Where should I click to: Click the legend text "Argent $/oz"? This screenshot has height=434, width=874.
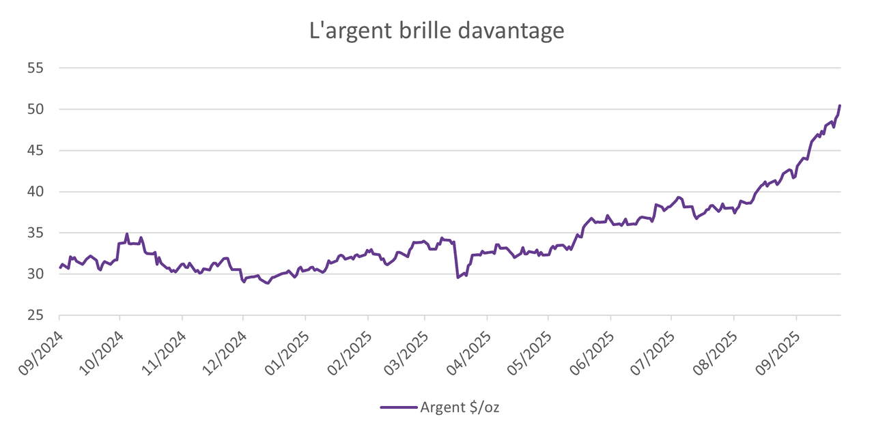coord(464,407)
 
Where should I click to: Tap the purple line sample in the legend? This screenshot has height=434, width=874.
coord(399,407)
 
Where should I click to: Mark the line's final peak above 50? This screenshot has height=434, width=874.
coord(839,106)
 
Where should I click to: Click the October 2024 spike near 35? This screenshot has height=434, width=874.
coord(127,234)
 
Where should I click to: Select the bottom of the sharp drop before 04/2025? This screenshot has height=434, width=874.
coord(457,277)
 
